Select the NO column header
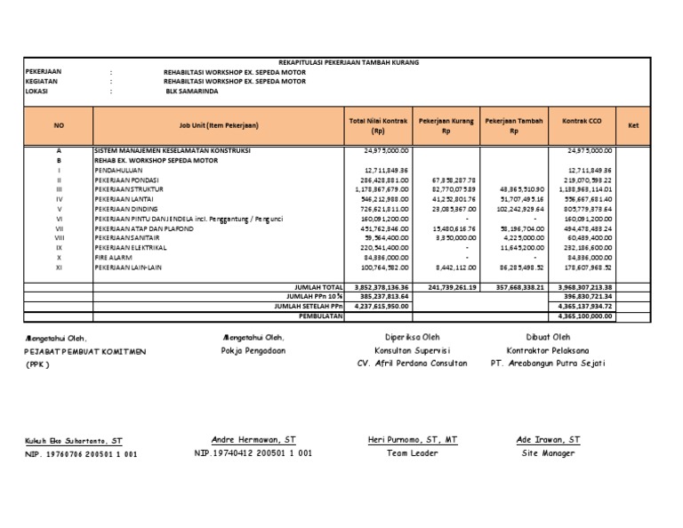click(x=59, y=126)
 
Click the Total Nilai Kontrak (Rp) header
click(x=379, y=125)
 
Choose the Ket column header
click(x=634, y=126)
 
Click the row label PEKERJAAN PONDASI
click(x=125, y=180)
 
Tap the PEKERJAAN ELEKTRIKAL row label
click(x=128, y=247)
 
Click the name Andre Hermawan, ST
click(x=253, y=440)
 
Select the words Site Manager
click(x=548, y=452)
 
